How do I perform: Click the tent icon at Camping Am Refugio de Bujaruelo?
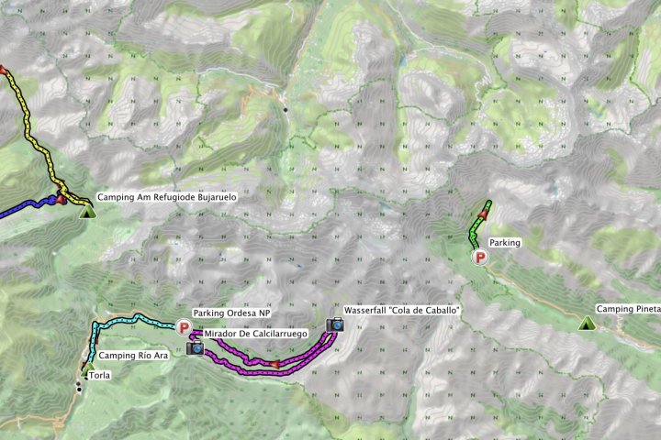87,212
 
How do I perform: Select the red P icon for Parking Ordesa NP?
184,326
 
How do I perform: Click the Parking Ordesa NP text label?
231,313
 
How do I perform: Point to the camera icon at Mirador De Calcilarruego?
195,347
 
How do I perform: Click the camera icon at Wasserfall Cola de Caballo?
335,324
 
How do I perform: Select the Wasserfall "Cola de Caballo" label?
401,311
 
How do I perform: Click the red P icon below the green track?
479,258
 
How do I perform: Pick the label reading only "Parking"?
505,243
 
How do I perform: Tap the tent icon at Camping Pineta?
585,323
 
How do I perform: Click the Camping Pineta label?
628,310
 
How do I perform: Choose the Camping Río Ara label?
133,356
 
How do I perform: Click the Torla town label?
99,375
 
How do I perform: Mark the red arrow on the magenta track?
274,366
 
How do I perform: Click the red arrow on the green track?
483,214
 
